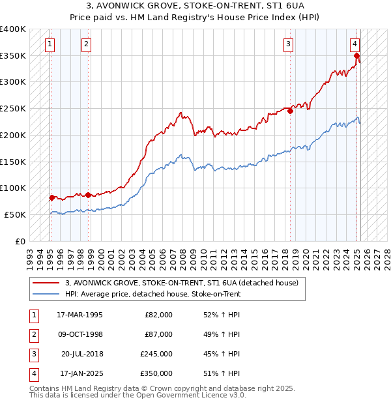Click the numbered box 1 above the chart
click(50, 44)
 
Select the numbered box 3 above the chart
click(288, 44)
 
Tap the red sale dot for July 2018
click(291, 111)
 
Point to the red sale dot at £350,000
click(357, 56)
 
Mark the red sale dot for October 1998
click(88, 194)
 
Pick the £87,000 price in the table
click(158, 334)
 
